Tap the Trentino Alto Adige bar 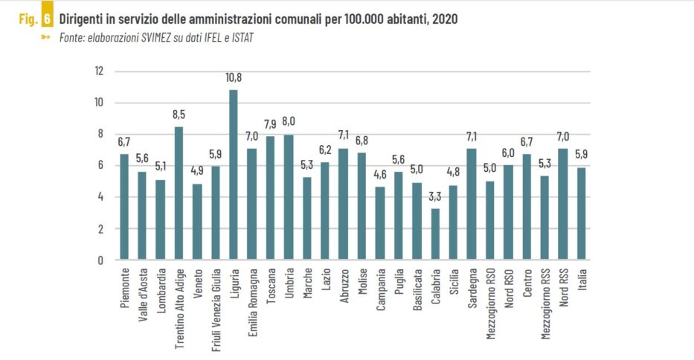point(179,193)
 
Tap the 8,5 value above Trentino point(179,115)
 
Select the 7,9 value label point(270,124)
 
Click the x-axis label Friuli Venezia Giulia point(216,305)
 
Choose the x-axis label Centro point(527,282)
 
